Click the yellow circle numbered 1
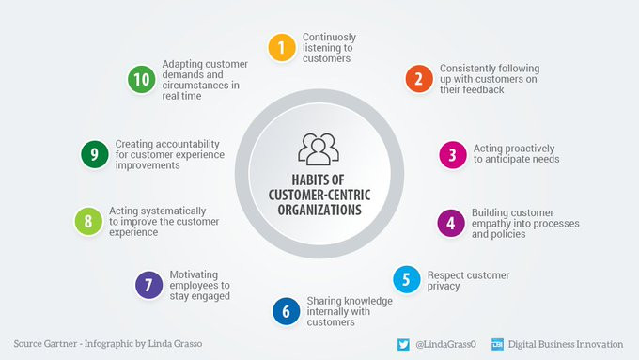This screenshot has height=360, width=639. click(x=282, y=48)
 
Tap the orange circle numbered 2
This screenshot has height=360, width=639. click(x=419, y=79)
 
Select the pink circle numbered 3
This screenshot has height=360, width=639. click(x=453, y=155)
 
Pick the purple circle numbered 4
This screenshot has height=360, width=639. click(x=451, y=223)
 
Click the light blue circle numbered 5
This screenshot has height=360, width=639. click(x=407, y=279)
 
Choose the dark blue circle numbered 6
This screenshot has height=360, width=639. click(x=286, y=311)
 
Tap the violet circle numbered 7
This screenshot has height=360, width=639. click(x=148, y=285)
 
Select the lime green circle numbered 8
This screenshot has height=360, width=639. click(x=88, y=222)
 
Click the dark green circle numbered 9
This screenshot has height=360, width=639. click(x=95, y=154)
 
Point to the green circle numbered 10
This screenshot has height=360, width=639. click(x=141, y=79)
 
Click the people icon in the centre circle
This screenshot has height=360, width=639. click(x=319, y=149)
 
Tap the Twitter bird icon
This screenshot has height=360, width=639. click(x=403, y=345)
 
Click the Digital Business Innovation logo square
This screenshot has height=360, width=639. click(x=497, y=345)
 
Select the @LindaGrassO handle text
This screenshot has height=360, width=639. click(x=445, y=345)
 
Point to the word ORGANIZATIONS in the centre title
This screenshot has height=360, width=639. click(x=319, y=210)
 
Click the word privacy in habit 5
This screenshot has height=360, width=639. click(x=444, y=286)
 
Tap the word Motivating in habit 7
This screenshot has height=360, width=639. click(x=194, y=274)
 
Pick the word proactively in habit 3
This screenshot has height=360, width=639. click(x=529, y=149)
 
